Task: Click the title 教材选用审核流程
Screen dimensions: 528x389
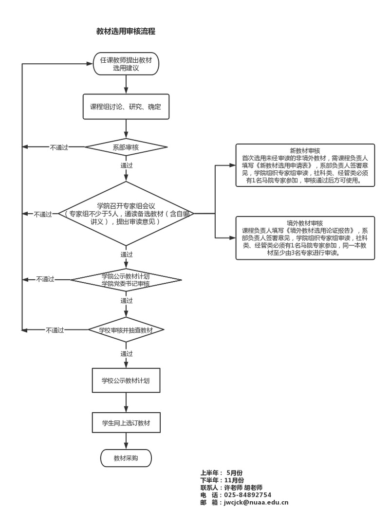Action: (126, 31)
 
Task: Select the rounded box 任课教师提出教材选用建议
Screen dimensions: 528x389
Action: (126, 64)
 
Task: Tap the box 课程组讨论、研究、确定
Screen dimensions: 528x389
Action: (126, 106)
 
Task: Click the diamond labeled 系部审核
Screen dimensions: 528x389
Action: (126, 146)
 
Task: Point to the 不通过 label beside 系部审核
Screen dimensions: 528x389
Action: (59, 147)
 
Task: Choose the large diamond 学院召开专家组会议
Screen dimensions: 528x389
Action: (126, 214)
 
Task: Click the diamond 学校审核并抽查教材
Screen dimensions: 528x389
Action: (126, 330)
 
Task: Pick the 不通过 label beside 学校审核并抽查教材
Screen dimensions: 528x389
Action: (55, 330)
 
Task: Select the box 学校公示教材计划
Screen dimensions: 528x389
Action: (126, 381)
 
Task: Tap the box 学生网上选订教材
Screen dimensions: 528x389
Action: (126, 423)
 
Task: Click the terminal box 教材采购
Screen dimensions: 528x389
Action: (126, 458)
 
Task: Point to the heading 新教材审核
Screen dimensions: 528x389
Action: (305, 150)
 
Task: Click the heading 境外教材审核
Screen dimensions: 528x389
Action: (305, 223)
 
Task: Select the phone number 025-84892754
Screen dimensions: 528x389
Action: (247, 495)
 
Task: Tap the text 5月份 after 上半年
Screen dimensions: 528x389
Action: (235, 473)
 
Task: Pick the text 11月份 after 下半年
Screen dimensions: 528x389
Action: (234, 480)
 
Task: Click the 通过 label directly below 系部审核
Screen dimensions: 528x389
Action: (127, 165)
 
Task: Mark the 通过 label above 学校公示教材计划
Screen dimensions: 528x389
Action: (127, 354)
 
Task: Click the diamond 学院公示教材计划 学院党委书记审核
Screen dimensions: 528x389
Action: (126, 279)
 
